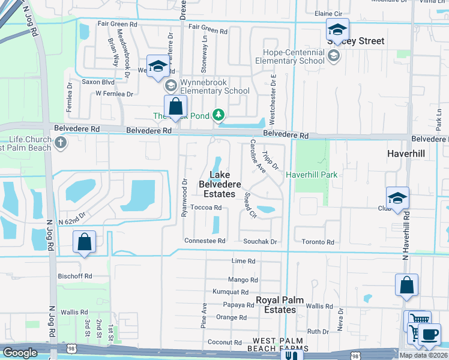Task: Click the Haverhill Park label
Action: point(312,175)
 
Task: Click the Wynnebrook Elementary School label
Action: point(214,87)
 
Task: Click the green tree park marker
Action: point(219,114)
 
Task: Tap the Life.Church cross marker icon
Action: point(60,143)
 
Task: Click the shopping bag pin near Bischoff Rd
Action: point(84,243)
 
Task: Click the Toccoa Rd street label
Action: point(206,208)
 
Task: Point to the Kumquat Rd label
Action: point(231,292)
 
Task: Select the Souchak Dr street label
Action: point(260,242)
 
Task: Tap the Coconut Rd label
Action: point(224,343)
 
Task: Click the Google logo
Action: point(20,353)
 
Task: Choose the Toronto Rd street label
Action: point(318,242)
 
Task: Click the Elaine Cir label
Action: point(328,13)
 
